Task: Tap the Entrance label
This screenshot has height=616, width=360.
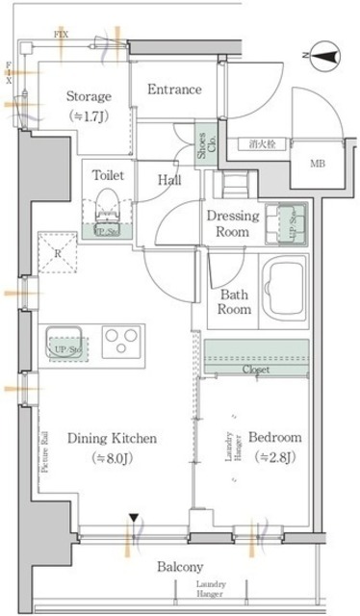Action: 174,90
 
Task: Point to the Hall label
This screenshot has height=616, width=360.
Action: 170,179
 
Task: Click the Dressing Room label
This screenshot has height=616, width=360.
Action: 233,223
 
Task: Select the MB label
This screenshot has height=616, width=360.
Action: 317,163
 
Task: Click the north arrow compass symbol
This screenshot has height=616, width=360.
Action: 321,58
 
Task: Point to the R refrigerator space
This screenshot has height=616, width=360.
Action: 60,255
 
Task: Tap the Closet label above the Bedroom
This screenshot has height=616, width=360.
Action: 255,370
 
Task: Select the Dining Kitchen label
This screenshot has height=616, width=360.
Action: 111,447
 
